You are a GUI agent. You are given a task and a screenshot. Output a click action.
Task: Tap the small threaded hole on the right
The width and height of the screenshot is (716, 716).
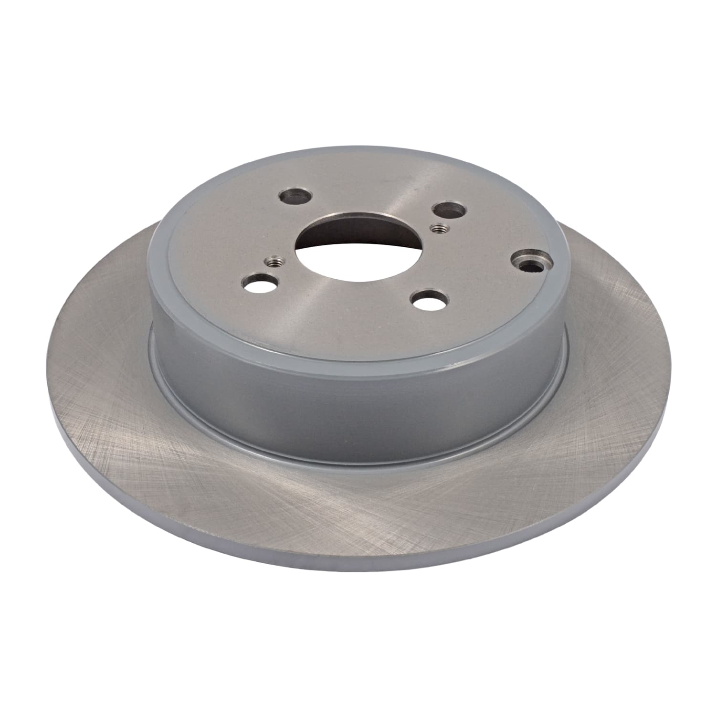[436, 228]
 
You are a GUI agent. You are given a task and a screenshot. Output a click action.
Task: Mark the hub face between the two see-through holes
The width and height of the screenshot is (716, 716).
[344, 305]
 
